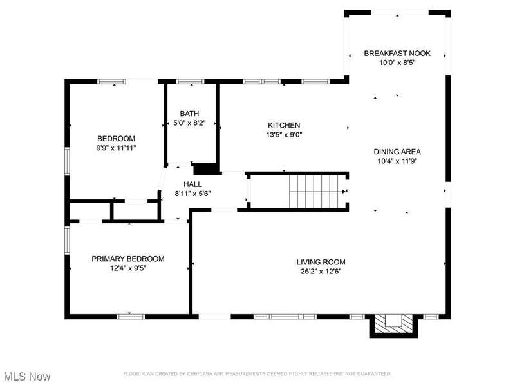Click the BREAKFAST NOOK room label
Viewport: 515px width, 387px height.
click(x=397, y=54)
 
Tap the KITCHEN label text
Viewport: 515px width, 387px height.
click(x=284, y=125)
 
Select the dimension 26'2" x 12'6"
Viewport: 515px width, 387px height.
click(x=321, y=272)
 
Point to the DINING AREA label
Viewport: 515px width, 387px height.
click(x=397, y=152)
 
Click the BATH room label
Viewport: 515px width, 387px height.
click(x=189, y=114)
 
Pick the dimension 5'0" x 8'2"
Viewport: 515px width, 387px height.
click(x=189, y=123)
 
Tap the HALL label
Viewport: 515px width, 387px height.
click(x=192, y=184)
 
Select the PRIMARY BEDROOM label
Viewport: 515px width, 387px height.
click(x=128, y=259)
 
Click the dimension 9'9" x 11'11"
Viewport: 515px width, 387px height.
click(x=116, y=148)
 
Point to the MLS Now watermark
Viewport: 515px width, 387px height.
click(x=26, y=377)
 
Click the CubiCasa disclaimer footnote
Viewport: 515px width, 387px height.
click(x=257, y=374)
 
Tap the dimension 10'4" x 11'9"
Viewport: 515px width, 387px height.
click(x=397, y=161)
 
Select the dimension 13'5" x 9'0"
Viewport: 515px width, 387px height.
click(x=284, y=135)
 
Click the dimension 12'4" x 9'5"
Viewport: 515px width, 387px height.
click(x=128, y=268)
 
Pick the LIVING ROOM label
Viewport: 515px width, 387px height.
click(x=321, y=263)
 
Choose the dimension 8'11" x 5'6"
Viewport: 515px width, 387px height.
click(x=192, y=193)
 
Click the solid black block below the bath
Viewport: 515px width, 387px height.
click(x=206, y=168)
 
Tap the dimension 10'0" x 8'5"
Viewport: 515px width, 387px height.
click(x=397, y=63)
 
